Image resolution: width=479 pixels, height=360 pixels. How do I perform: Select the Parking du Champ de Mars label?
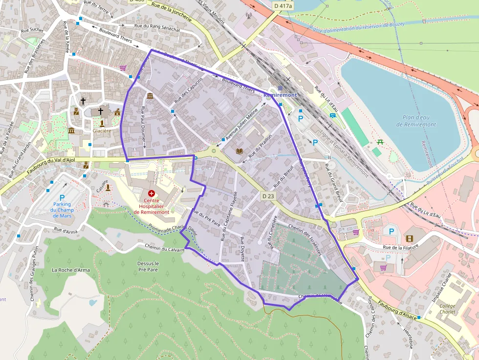pos(62,210)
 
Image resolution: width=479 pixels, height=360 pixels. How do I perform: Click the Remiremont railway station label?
pos(280,95)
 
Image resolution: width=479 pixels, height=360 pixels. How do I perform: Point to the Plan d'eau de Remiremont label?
pos(415,121)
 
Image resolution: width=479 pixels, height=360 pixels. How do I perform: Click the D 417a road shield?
pos(283,6)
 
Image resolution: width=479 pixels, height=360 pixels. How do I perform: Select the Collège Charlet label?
pos(447,309)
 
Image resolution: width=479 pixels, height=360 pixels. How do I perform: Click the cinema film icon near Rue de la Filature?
pos(409,238)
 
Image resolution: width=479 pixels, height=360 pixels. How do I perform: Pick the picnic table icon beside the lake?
pos(380,143)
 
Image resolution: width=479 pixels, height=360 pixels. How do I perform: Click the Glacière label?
pos(102,130)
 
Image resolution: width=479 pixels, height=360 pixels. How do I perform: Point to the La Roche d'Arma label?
pos(71,270)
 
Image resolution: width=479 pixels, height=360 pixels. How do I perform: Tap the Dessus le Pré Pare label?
pos(148,266)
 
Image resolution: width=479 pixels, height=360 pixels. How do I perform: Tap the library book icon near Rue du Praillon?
pos(239,151)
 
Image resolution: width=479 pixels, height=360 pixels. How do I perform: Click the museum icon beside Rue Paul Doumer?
pos(150,96)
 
